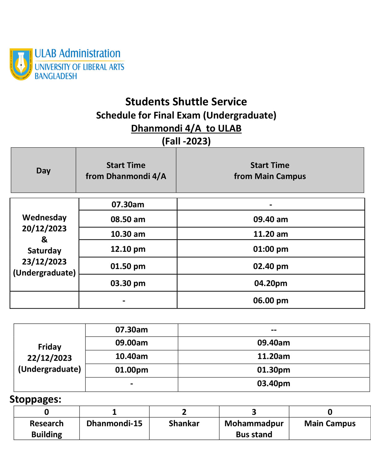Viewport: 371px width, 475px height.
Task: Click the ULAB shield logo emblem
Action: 21,64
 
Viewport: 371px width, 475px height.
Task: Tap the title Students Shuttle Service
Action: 186,102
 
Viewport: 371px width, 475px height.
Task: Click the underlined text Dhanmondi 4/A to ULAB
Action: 186,128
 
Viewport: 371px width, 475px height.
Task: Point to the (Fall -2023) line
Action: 186,141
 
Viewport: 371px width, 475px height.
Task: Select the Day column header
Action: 43,170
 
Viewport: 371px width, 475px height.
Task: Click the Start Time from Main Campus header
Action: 270,170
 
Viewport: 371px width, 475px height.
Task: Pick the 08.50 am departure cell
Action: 128,219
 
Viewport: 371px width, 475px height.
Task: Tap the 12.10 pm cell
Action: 128,249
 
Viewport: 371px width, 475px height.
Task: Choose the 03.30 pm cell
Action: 128,283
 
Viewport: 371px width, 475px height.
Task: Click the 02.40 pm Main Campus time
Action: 271,266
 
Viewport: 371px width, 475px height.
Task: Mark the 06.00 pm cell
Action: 271,301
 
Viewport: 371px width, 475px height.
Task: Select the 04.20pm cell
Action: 271,283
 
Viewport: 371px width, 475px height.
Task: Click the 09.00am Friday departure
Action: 131,343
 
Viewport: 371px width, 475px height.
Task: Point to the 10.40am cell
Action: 131,356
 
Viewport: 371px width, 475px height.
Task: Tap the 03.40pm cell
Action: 274,384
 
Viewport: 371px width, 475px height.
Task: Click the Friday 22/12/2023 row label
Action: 49,358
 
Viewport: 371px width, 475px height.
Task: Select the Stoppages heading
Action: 36,399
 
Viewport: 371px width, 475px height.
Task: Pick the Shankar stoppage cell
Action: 184,423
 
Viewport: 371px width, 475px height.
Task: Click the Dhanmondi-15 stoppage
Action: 114,423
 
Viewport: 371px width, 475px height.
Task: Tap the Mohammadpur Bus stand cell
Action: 254,429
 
